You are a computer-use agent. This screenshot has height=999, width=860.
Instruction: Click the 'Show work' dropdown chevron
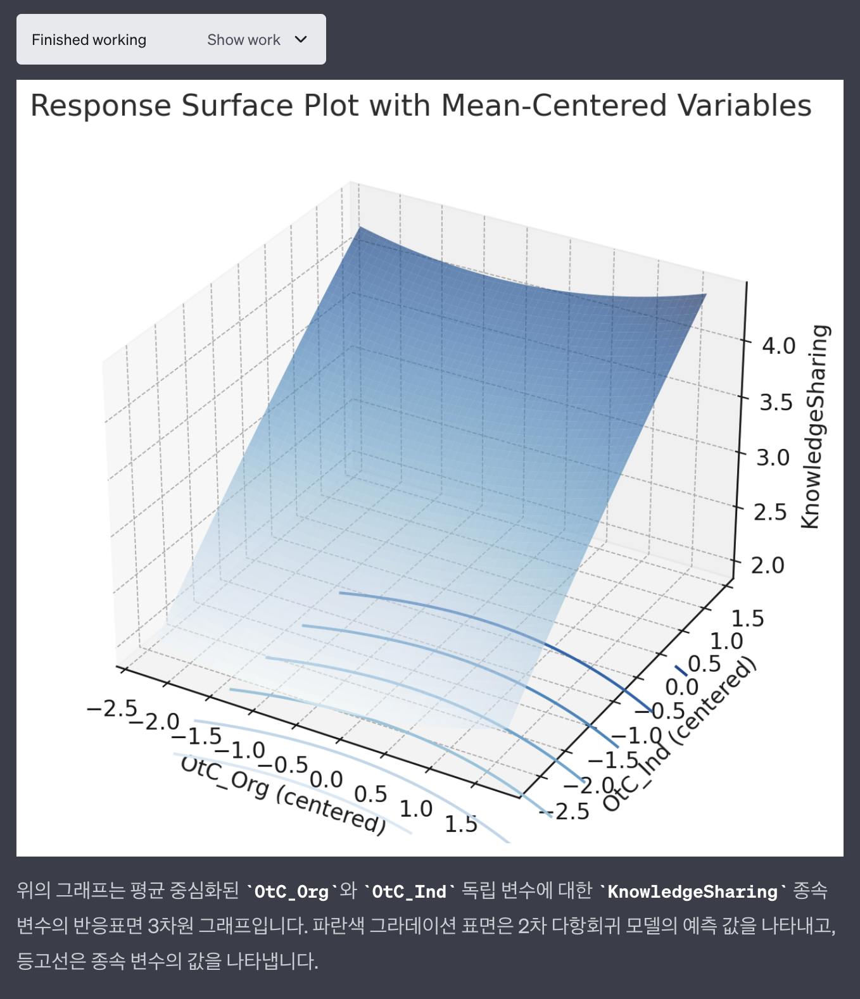coord(301,39)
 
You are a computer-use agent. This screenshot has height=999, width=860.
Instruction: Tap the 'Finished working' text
coord(89,40)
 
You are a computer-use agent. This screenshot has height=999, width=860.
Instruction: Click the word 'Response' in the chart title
coord(100,106)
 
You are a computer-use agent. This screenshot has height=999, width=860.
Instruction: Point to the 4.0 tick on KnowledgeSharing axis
coord(778,346)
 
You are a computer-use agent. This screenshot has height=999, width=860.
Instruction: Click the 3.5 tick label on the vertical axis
coord(776,402)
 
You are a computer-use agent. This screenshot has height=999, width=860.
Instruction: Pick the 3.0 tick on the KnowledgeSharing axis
coord(773,457)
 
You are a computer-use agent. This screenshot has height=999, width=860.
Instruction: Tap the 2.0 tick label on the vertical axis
coord(767,565)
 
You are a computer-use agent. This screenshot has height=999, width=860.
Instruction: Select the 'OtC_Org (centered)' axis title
coord(283,795)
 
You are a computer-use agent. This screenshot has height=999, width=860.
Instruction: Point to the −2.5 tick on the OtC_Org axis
coord(111,708)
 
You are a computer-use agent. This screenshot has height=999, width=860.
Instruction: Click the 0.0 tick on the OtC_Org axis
coord(326,779)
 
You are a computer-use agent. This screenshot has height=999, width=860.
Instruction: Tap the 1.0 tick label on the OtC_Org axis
coord(416,808)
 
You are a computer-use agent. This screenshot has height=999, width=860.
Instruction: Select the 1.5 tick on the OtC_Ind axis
coord(747,619)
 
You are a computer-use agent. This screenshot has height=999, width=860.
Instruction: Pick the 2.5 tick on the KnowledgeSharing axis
coord(770,512)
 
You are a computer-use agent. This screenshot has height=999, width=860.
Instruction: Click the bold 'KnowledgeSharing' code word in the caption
coord(693,891)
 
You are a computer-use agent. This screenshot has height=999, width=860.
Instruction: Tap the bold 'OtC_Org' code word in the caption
coord(291,891)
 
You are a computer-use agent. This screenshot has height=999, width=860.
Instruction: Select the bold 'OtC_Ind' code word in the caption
coord(409,891)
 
